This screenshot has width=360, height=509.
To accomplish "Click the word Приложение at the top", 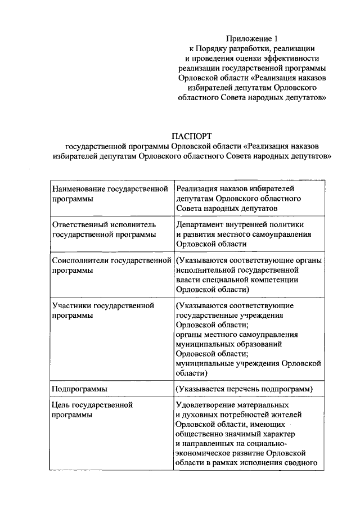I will (247, 38).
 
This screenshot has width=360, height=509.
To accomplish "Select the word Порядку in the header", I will (225, 48).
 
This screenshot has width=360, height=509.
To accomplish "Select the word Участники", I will (71, 306).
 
